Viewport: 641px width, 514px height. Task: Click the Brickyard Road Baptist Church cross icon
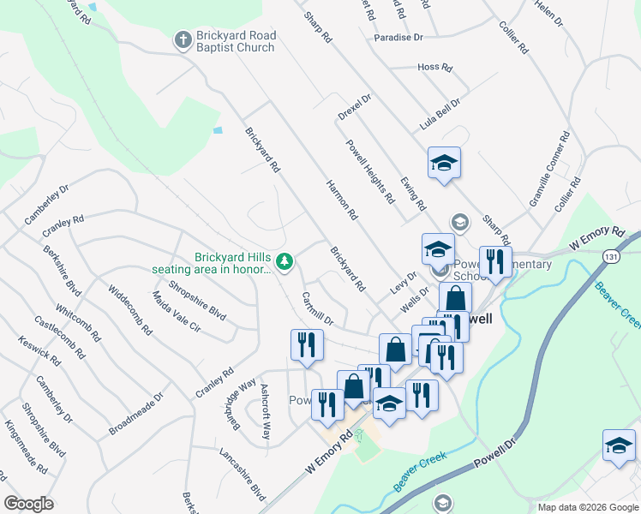182,39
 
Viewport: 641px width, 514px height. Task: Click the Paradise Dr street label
398,38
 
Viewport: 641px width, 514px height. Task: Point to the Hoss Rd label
434,67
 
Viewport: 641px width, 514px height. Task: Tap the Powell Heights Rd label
370,171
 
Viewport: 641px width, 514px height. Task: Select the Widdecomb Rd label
130,309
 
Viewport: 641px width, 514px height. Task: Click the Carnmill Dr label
317,308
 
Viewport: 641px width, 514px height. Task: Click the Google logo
29,504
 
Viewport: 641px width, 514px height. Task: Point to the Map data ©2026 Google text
587,507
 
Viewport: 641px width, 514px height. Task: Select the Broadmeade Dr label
136,415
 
